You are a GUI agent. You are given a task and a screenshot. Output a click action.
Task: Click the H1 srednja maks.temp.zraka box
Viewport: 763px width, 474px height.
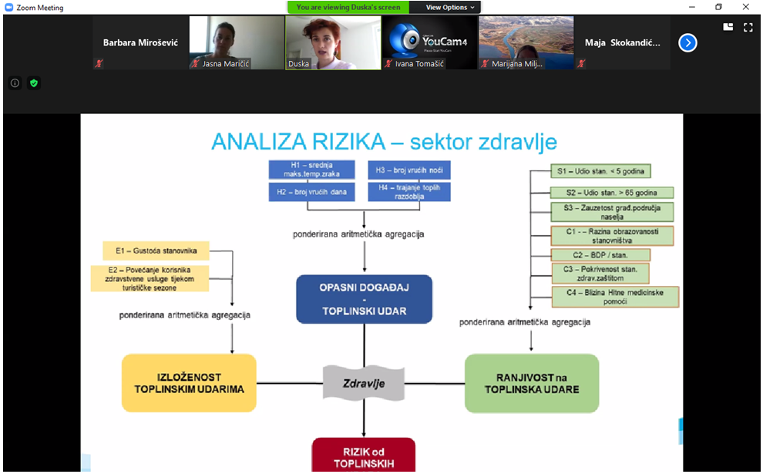[x=311, y=170]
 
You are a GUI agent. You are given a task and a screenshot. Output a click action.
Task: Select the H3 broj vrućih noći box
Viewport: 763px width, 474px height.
[x=409, y=170]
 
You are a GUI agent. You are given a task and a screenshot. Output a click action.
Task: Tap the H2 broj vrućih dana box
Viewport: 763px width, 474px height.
[x=311, y=192]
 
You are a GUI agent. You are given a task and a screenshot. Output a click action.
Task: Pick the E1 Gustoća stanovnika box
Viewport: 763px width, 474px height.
[x=156, y=250]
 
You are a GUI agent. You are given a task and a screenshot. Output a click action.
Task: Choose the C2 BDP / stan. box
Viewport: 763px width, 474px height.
[x=601, y=254]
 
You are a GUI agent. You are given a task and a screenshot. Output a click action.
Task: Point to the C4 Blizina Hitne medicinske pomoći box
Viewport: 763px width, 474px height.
[x=615, y=297]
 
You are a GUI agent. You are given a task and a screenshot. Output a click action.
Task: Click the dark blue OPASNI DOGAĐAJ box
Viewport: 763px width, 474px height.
[x=364, y=299]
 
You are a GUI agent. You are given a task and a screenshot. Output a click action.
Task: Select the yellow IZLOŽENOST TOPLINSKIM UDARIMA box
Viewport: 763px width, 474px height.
[x=189, y=383]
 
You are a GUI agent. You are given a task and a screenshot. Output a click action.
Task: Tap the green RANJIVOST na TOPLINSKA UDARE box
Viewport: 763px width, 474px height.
[x=532, y=383]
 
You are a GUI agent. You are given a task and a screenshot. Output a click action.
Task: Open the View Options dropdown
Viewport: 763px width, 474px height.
[x=451, y=8]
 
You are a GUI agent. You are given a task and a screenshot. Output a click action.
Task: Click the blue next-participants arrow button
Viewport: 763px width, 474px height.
[x=687, y=43]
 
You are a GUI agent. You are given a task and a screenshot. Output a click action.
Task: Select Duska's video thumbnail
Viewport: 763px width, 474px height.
[x=333, y=42]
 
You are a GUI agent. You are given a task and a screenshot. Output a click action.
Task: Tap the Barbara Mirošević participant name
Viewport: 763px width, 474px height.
[x=140, y=43]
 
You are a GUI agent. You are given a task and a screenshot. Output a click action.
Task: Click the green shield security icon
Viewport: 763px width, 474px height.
[x=33, y=82]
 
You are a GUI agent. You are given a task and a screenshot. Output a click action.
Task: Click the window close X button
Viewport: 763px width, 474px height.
[x=745, y=8]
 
